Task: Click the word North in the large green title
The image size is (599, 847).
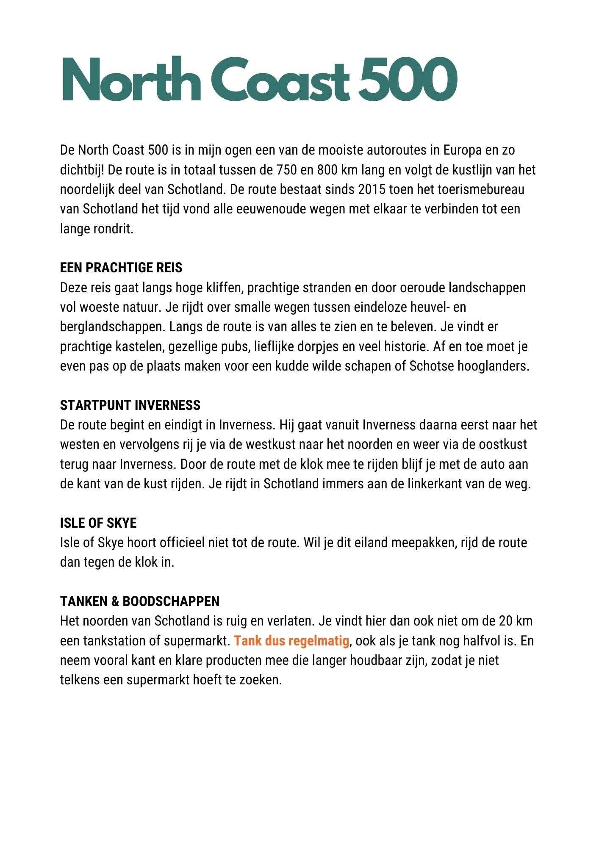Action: [x=130, y=80]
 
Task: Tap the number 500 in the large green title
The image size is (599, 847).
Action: [x=408, y=80]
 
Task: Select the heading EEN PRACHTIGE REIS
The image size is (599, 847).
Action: [x=121, y=268]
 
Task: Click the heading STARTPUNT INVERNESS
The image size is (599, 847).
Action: [x=130, y=405]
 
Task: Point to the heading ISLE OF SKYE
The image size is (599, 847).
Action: [x=98, y=523]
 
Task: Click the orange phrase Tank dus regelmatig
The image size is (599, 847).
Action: [x=291, y=641]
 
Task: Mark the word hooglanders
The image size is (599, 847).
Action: [x=493, y=366]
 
